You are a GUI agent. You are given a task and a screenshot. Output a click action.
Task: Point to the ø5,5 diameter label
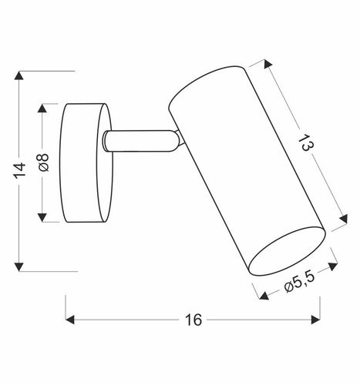tap(298, 285)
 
